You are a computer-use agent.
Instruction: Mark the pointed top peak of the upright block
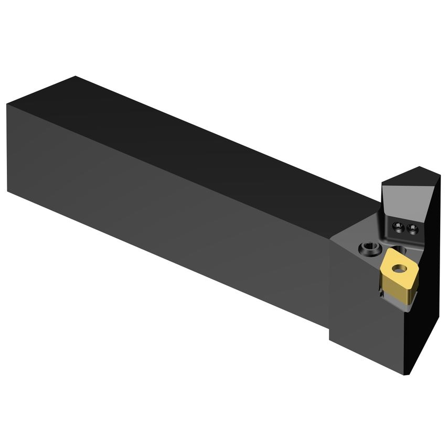pos(420,167)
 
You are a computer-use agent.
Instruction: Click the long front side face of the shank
pos(168,210)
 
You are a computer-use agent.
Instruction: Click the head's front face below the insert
pos(367,325)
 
